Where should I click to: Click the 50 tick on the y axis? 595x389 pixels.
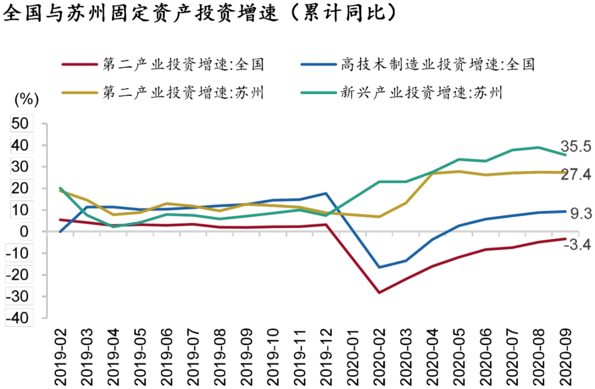pyautogui.click(x=20, y=123)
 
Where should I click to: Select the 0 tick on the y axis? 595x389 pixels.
pyautogui.click(x=24, y=231)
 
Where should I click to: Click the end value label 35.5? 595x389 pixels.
pyautogui.click(x=576, y=147)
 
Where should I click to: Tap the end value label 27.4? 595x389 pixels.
pyautogui.click(x=576, y=175)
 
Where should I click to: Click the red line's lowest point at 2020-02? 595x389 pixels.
pyautogui.click(x=379, y=293)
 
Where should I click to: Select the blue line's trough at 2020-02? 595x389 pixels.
pyautogui.click(x=379, y=267)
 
